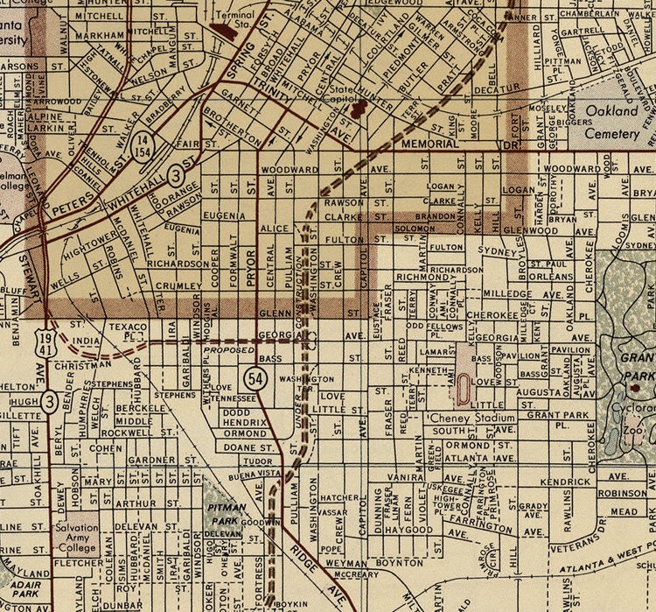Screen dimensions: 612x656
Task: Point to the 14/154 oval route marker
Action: [145, 149]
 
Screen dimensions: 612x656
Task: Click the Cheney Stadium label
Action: [452, 419]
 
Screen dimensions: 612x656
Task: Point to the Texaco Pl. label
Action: [126, 329]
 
